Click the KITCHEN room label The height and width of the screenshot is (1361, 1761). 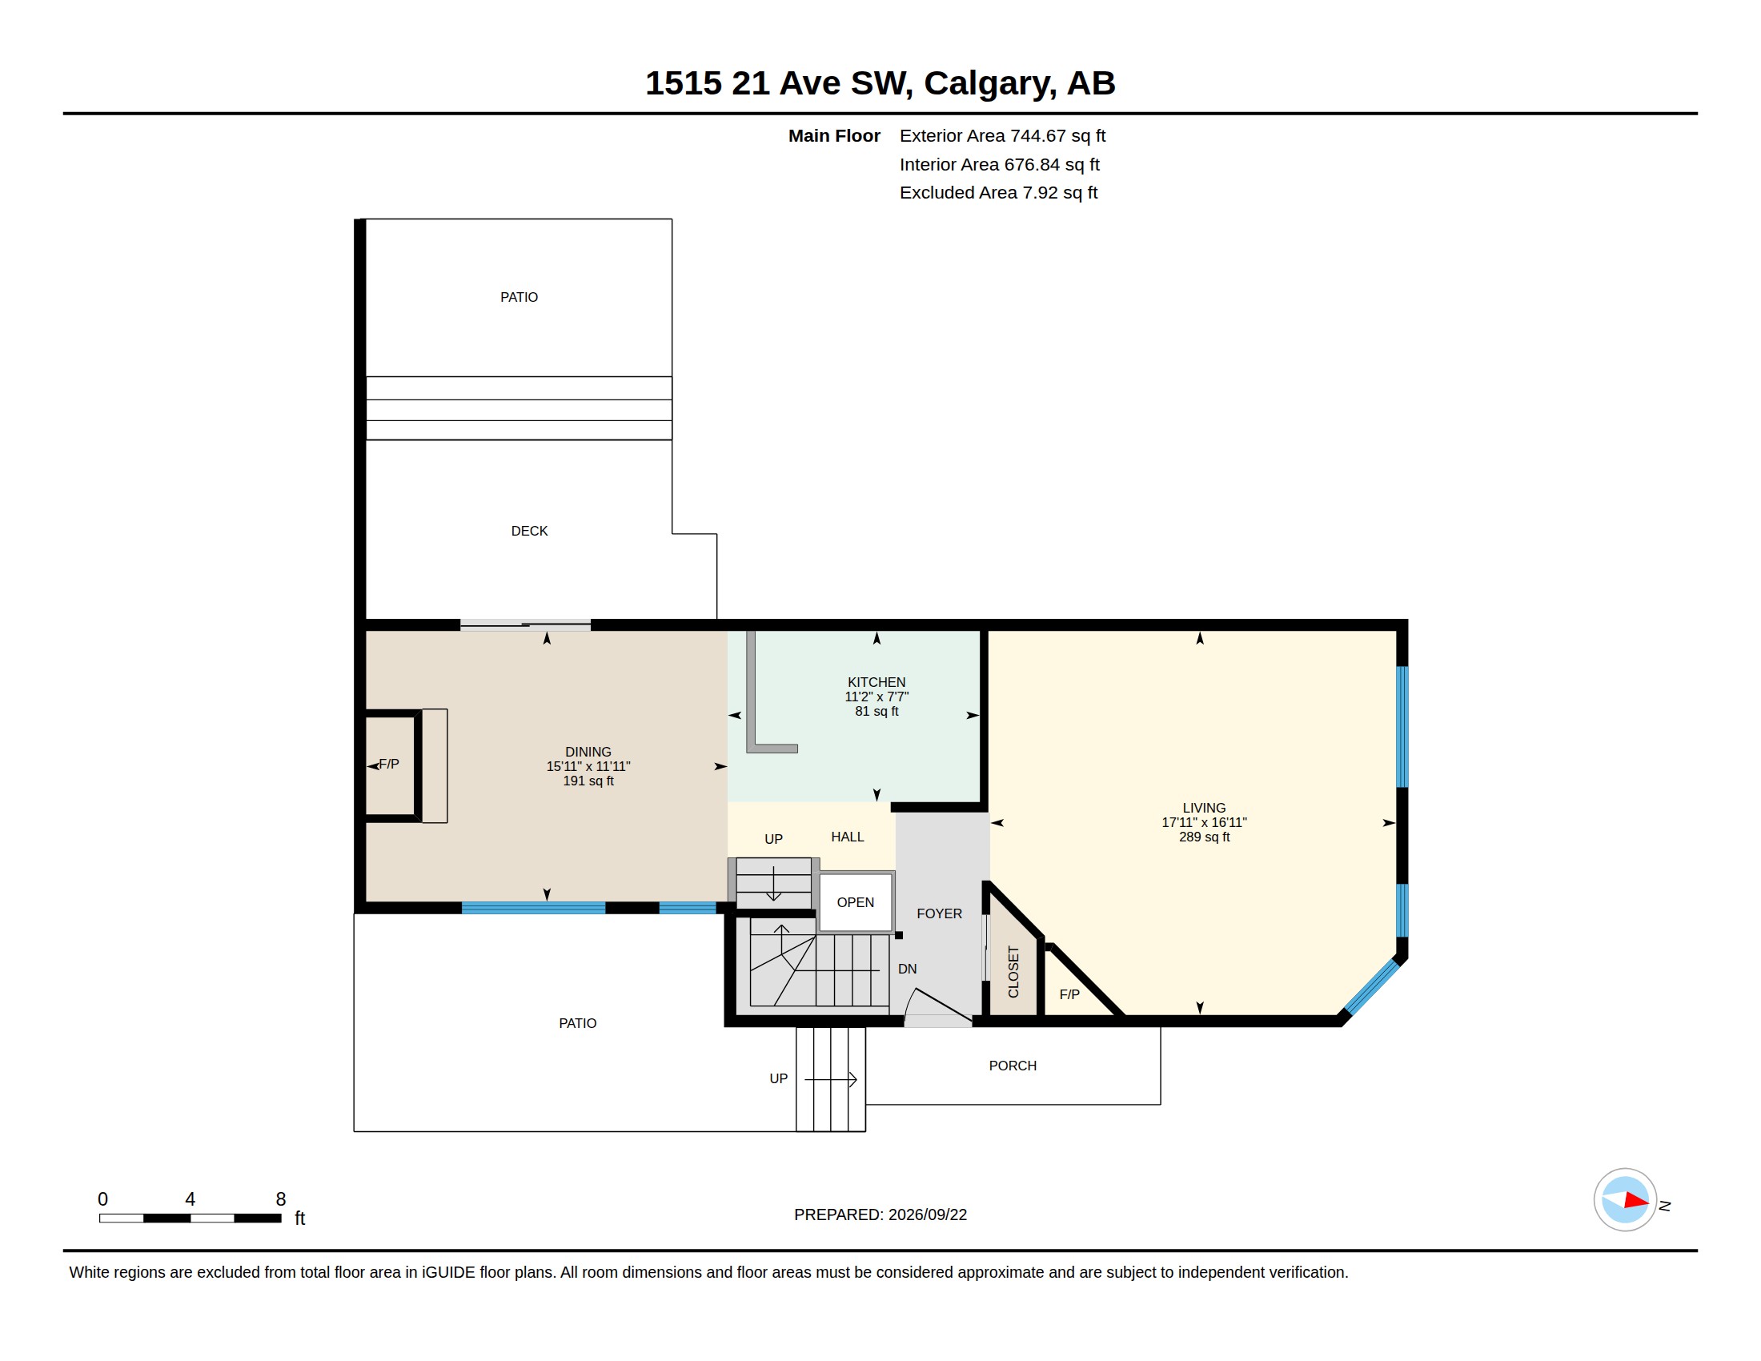[876, 682]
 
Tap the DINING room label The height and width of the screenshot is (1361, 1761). [588, 752]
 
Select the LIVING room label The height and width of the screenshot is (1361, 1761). [1204, 808]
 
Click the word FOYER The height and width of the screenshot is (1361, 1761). [940, 913]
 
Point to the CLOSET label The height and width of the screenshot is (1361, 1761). [1013, 972]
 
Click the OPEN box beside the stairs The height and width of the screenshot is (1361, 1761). [856, 902]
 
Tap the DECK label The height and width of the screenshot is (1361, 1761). [529, 531]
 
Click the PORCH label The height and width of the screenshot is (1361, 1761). [1013, 1065]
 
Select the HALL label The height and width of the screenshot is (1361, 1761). [848, 837]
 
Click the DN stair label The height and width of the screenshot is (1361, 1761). [907, 969]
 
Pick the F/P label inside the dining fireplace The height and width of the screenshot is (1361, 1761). [389, 764]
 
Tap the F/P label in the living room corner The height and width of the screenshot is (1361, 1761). [1069, 994]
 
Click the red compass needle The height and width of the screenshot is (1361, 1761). [1636, 1201]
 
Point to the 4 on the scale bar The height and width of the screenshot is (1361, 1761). [191, 1199]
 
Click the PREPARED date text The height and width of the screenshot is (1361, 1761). [880, 1214]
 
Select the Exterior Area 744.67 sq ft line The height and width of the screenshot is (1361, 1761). [1002, 135]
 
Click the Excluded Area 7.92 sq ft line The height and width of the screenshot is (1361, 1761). [998, 192]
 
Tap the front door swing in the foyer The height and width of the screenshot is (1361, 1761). [939, 1006]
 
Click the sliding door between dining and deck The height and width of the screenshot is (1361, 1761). [526, 625]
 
